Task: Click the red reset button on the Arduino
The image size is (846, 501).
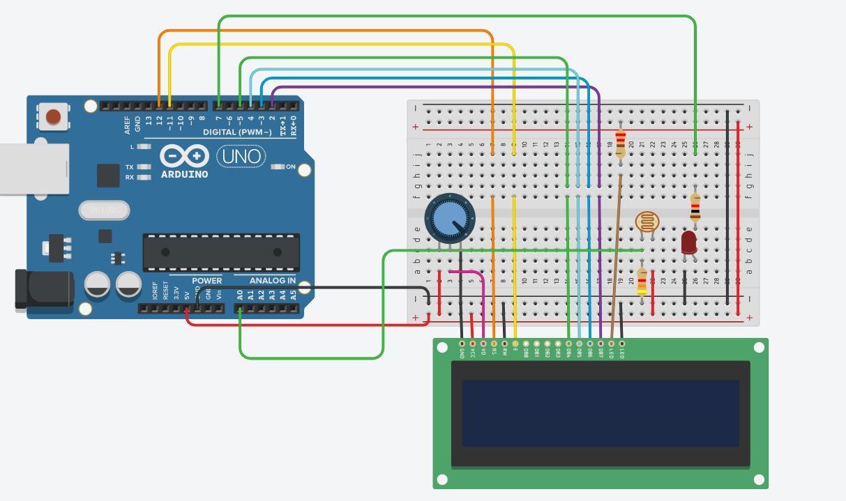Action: [54, 116]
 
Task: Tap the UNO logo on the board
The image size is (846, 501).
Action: [241, 156]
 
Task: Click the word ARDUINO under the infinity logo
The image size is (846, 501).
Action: [184, 174]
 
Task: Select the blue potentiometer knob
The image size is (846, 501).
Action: [449, 219]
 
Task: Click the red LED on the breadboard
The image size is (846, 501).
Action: [688, 242]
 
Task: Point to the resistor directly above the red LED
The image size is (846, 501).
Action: [695, 207]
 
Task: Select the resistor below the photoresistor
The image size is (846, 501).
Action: [642, 282]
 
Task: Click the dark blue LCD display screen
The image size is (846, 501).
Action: [600, 413]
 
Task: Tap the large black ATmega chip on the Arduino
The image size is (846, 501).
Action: [221, 252]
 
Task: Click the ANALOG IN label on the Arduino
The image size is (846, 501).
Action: [272, 281]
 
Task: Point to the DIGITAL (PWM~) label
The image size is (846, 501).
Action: [237, 132]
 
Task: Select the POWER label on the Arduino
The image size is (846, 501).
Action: [206, 281]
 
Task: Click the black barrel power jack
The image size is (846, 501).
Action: [44, 289]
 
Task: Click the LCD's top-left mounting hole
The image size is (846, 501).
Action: [442, 346]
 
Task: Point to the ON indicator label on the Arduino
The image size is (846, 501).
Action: [291, 167]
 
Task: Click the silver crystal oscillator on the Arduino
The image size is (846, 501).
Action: [104, 210]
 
